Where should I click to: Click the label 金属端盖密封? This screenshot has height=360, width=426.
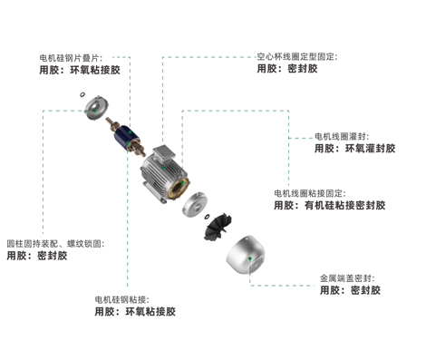point(346,277)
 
